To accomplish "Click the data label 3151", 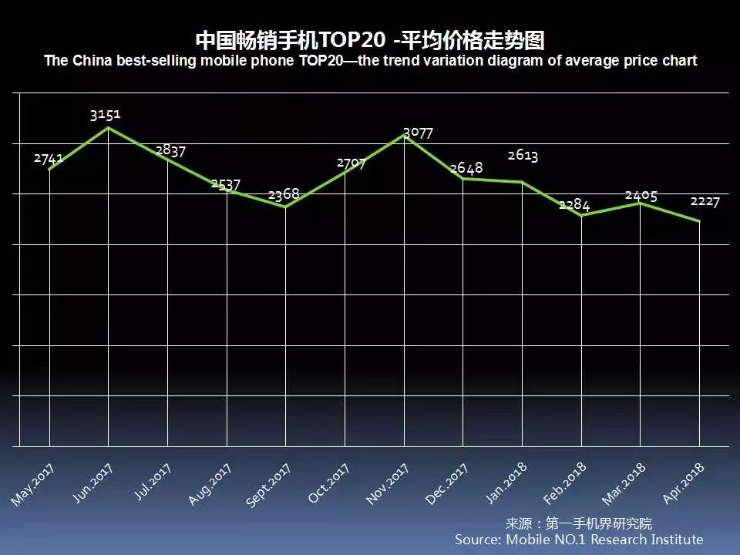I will point(105,115).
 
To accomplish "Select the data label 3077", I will point(418,133).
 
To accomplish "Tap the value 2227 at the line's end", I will point(705,201).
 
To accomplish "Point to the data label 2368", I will point(284,194).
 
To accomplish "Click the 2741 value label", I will point(49,158).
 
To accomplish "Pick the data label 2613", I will point(523,156).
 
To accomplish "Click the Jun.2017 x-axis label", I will point(92,483).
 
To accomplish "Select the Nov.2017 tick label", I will point(387,484).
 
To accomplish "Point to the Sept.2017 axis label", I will point(268,486).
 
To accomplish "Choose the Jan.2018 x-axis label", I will point(506,483).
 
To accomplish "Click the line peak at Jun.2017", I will point(108,127).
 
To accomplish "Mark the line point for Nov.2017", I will point(404,134).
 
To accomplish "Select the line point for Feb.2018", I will point(581,215).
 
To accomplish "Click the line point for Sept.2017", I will point(285,207).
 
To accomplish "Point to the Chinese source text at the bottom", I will point(578,523).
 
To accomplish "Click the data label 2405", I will point(641,196).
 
